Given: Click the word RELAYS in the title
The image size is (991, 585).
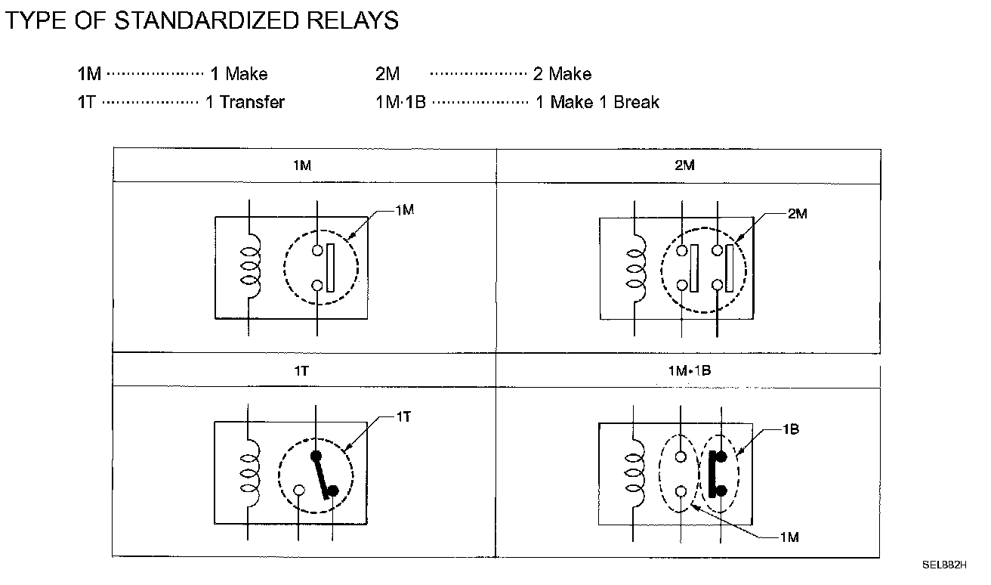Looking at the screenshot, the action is [353, 20].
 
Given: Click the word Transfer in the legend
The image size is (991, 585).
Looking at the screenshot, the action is [252, 102].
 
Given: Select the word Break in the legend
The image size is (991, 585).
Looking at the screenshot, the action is [636, 102].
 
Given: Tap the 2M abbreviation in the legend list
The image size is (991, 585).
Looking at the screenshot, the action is [387, 74].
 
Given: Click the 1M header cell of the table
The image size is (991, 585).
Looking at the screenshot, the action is [305, 166].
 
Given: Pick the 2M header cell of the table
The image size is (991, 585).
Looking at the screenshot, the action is [688, 166].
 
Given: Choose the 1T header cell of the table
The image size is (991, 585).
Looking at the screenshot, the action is [304, 370].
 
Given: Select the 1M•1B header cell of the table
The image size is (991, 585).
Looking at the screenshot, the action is [688, 371].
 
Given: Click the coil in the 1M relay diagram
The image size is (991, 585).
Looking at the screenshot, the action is [251, 266].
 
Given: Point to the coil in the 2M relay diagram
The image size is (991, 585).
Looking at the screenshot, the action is [636, 268].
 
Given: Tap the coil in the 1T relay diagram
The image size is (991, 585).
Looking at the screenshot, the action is [250, 473].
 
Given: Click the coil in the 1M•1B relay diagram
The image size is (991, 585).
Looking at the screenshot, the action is [634, 473].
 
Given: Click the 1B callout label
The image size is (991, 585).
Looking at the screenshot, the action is [791, 429].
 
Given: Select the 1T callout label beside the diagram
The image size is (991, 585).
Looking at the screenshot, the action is [403, 416].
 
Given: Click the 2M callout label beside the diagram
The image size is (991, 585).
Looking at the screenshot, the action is [798, 214].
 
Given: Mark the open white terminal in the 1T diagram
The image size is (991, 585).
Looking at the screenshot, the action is [300, 491].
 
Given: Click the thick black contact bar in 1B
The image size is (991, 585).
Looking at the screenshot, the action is [712, 474].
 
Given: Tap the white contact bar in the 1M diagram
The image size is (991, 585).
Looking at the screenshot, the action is [330, 268].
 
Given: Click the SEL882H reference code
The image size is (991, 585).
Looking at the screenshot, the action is [944, 565].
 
